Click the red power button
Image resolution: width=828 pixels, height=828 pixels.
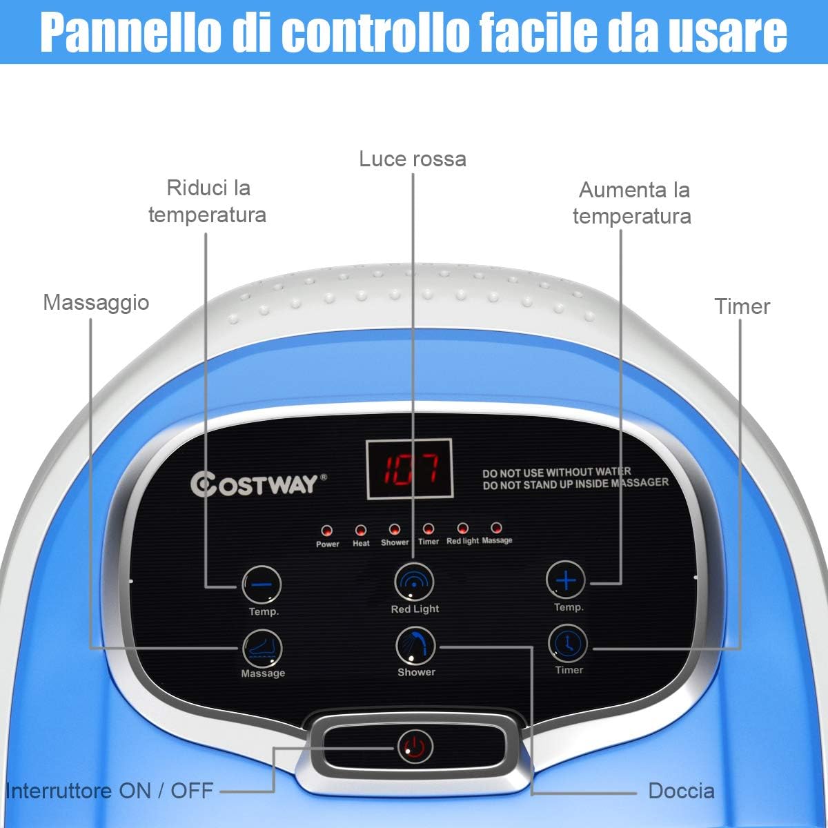[415, 747]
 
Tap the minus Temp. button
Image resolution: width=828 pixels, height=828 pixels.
[262, 585]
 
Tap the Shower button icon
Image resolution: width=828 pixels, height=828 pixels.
[415, 647]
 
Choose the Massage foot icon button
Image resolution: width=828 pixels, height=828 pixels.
[262, 649]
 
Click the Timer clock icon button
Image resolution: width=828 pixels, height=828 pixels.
[568, 644]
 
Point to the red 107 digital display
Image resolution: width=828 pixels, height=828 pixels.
[409, 469]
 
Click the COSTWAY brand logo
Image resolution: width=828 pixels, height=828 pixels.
[259, 484]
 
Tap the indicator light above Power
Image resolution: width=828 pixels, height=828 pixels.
[326, 531]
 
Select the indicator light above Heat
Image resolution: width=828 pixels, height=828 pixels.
[360, 530]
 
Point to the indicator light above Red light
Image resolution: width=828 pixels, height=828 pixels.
[462, 529]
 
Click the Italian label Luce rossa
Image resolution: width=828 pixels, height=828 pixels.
[413, 159]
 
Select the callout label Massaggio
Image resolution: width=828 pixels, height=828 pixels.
[96, 302]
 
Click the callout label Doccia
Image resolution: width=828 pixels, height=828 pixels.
[681, 791]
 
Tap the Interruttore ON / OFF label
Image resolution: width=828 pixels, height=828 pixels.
[109, 791]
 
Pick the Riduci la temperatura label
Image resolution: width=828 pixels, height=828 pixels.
[208, 201]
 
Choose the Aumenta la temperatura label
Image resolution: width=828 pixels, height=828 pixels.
[632, 203]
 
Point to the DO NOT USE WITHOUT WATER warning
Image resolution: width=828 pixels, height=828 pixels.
[556, 473]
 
